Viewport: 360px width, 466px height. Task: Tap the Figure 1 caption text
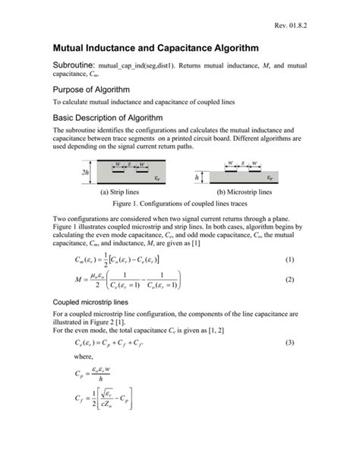click(x=179, y=204)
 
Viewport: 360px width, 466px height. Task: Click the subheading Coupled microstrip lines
click(x=95, y=301)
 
